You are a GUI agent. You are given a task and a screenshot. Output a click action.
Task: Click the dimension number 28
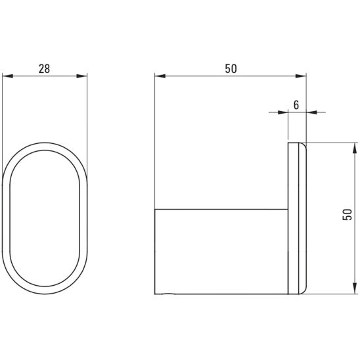coord(44,68)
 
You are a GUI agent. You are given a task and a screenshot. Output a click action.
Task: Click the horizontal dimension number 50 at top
coord(231,68)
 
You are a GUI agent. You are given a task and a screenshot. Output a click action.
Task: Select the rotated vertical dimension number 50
coord(347,215)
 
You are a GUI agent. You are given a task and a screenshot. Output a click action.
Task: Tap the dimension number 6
coord(296,105)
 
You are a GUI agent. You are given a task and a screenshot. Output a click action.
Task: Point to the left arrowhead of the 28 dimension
coord(8,76)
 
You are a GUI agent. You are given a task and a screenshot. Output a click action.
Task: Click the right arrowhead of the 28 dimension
coord(81,76)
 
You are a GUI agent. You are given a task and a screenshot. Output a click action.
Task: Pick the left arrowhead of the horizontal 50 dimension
coord(160,76)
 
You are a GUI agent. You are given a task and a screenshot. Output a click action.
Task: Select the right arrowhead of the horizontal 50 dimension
coord(301,76)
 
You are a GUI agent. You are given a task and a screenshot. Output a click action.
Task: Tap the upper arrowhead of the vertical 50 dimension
coord(355,148)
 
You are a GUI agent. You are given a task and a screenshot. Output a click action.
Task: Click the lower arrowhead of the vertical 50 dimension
coord(355,288)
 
